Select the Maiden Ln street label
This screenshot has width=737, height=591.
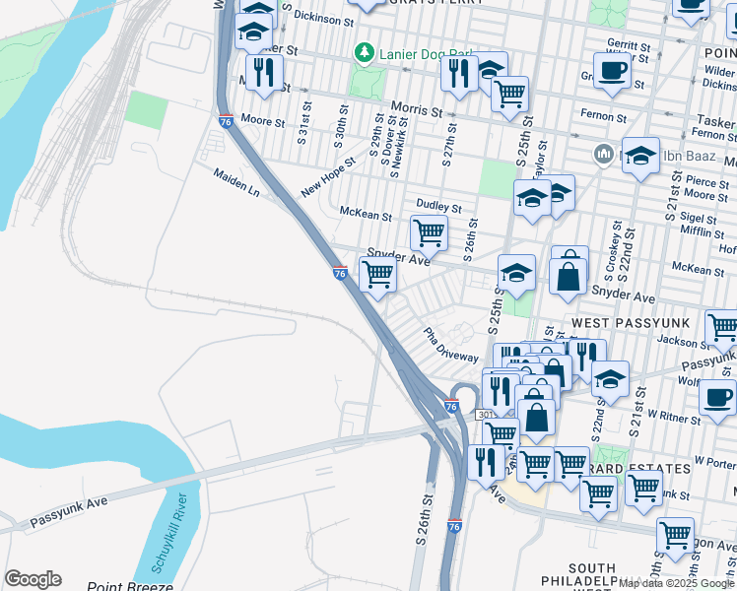click(x=236, y=182)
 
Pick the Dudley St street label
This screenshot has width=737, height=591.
click(x=438, y=207)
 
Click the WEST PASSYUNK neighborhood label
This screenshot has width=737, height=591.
click(x=620, y=323)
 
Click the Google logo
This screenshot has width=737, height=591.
click(x=33, y=579)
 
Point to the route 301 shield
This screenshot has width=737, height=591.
click(x=486, y=416)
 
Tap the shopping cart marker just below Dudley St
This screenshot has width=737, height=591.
click(x=430, y=233)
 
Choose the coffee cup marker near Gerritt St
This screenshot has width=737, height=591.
click(x=612, y=72)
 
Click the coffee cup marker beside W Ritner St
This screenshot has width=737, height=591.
click(x=716, y=397)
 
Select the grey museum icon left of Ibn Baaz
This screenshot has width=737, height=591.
click(x=603, y=155)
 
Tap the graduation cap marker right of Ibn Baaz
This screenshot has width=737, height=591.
click(x=640, y=155)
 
